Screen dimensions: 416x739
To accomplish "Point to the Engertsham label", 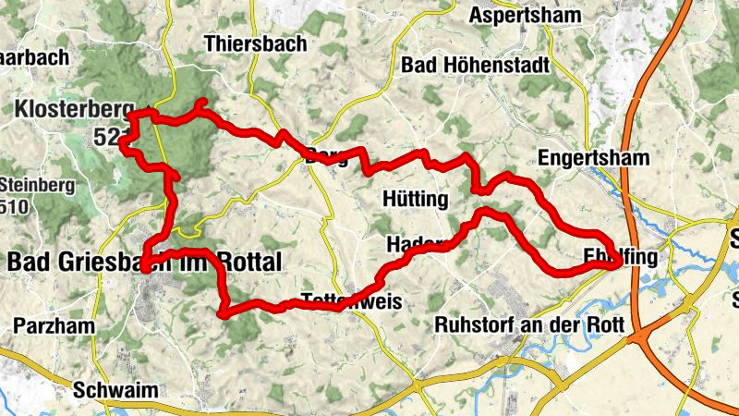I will point(593,158).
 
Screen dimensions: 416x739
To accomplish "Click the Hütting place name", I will point(414,200).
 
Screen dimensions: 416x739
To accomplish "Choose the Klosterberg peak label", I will point(75,111).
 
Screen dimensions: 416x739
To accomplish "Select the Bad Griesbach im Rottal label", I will point(143,263).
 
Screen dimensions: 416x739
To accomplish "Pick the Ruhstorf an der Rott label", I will point(529,325).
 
